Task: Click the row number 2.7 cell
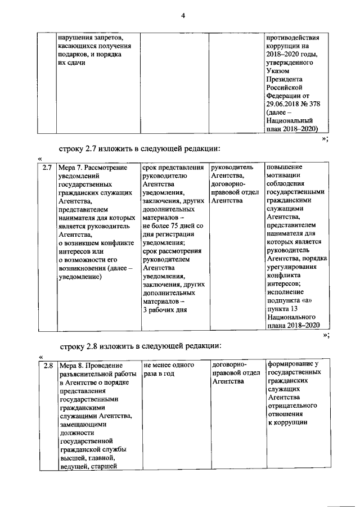(x=48, y=168)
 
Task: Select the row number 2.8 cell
(x=48, y=366)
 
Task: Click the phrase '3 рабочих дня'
(x=165, y=310)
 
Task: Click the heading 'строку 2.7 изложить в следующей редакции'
(x=139, y=148)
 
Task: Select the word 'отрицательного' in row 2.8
(x=292, y=405)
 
